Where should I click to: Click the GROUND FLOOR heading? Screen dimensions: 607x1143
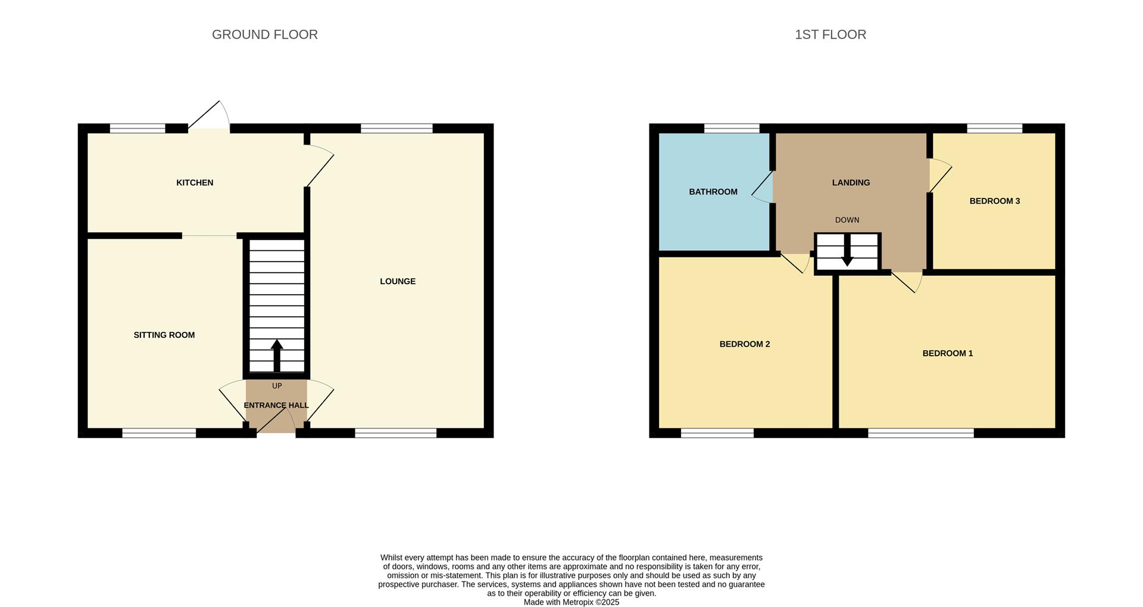[265, 35]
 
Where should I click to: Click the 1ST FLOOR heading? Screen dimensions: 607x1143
[830, 35]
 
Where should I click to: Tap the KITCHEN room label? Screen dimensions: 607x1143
[195, 183]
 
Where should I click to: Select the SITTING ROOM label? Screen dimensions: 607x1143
[164, 335]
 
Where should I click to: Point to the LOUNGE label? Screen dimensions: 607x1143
[398, 282]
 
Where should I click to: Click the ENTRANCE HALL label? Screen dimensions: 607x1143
[276, 406]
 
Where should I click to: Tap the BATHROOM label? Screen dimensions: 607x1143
[713, 192]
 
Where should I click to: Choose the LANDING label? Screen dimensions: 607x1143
[851, 183]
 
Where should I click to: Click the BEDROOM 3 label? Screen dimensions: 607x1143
[994, 201]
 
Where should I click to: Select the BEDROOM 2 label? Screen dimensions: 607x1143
[745, 344]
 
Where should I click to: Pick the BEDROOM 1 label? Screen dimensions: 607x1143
[948, 353]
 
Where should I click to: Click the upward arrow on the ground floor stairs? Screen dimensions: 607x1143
[277, 355]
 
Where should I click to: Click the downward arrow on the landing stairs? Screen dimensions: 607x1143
[847, 256]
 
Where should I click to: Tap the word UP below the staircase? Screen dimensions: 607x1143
[277, 386]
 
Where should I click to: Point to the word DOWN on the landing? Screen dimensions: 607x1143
[847, 220]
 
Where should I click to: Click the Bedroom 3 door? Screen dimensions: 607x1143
[940, 176]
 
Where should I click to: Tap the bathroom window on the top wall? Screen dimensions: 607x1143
[732, 128]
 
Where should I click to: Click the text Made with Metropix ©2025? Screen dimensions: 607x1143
[571, 602]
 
